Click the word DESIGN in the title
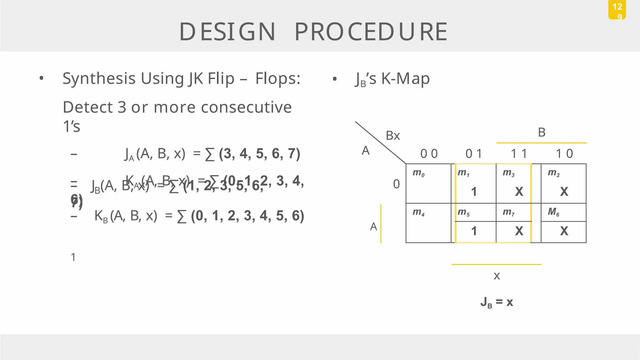click(227, 32)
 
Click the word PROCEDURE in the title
click(371, 32)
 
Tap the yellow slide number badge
click(617, 10)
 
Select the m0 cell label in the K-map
click(418, 172)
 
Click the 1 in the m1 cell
click(474, 192)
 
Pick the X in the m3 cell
click(519, 192)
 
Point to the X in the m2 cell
click(564, 192)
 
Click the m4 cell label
click(418, 212)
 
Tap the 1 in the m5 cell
click(474, 231)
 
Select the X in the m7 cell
click(519, 231)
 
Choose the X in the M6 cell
click(564, 231)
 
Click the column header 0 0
click(429, 154)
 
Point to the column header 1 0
click(564, 154)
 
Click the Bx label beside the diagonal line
click(393, 136)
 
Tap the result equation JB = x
click(497, 302)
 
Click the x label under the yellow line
click(497, 276)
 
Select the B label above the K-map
click(542, 132)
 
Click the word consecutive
click(246, 107)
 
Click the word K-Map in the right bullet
click(405, 78)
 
